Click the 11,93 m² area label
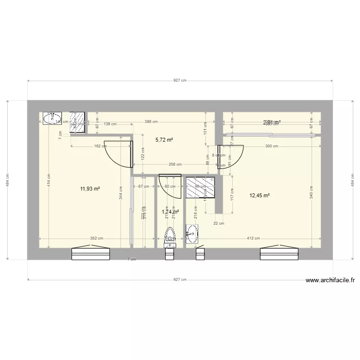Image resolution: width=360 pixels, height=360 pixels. [x=90, y=189]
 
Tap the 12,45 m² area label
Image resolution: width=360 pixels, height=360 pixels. [x=260, y=195]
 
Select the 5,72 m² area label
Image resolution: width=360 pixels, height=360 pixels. [x=164, y=140]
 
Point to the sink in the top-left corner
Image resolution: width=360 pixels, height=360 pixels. [x=52, y=118]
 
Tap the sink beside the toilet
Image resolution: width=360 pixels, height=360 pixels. [x=192, y=234]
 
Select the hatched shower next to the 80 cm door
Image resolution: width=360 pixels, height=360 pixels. [x=200, y=187]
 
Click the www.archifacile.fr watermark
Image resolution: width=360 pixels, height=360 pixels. [x=329, y=281]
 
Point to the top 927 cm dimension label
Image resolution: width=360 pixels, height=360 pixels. [x=180, y=81]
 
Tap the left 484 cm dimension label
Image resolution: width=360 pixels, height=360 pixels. [x=7, y=180]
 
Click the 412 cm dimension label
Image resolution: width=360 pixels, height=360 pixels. [x=253, y=238]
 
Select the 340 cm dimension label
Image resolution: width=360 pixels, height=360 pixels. [x=311, y=192]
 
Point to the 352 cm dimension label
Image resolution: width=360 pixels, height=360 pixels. [x=97, y=238]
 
